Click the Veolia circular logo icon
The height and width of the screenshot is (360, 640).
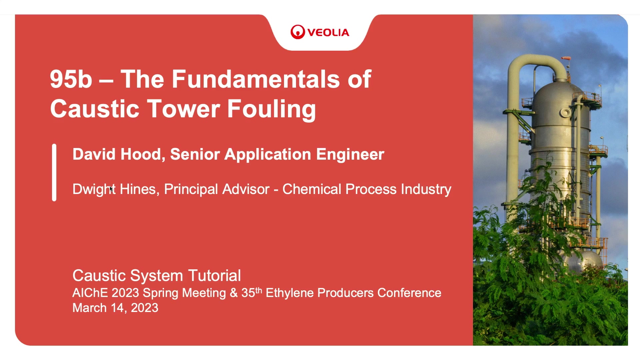(x=297, y=32)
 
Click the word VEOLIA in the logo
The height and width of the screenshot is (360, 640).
(x=328, y=32)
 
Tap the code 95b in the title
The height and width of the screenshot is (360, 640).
(x=71, y=79)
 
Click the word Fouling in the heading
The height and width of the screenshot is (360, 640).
(x=271, y=109)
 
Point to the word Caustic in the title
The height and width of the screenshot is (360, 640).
(x=94, y=109)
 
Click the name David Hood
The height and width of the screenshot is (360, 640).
(x=117, y=154)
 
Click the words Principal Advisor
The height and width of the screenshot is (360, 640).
(x=217, y=189)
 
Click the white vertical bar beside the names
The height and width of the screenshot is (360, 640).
(x=54, y=172)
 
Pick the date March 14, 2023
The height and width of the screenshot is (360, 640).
(x=115, y=308)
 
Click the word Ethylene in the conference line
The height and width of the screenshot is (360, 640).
(x=289, y=293)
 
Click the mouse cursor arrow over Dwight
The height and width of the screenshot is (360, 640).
(x=111, y=189)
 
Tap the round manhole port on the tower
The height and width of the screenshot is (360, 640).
(x=565, y=113)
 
